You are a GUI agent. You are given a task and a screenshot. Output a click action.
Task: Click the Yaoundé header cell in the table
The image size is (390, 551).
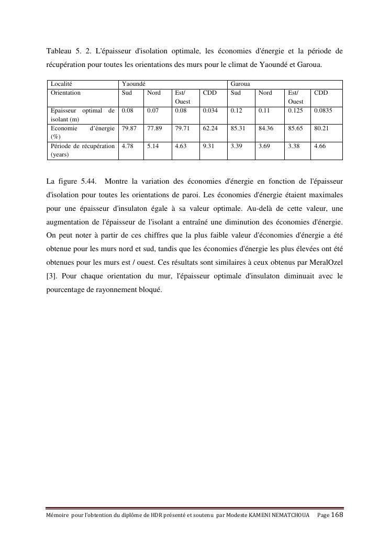click(x=133, y=84)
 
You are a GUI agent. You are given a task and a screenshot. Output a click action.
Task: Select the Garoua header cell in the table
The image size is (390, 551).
click(x=240, y=84)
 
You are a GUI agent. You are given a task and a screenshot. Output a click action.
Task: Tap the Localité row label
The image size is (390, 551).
click(x=61, y=84)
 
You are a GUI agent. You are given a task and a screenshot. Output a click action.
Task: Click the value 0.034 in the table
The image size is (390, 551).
click(x=210, y=110)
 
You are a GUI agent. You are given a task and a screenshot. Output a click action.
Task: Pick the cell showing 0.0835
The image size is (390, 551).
click(x=323, y=110)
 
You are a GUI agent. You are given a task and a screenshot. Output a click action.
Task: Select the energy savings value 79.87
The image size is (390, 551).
click(x=129, y=128)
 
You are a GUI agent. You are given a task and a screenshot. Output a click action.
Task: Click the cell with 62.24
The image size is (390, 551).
click(x=210, y=128)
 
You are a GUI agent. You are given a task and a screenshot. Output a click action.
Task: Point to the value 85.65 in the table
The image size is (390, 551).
click(x=295, y=128)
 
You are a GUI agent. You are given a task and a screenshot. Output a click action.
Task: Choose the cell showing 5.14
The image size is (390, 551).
click(x=152, y=146)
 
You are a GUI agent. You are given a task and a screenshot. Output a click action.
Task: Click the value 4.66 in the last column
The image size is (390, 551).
click(x=319, y=146)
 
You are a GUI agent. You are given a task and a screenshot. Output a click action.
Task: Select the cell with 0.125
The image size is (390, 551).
click(x=295, y=110)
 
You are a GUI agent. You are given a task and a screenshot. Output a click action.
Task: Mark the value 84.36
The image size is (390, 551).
click(x=266, y=128)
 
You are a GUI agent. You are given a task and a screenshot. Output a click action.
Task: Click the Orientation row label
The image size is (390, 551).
click(x=65, y=93)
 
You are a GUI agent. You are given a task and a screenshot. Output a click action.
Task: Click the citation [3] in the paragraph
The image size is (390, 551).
click(x=51, y=276)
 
